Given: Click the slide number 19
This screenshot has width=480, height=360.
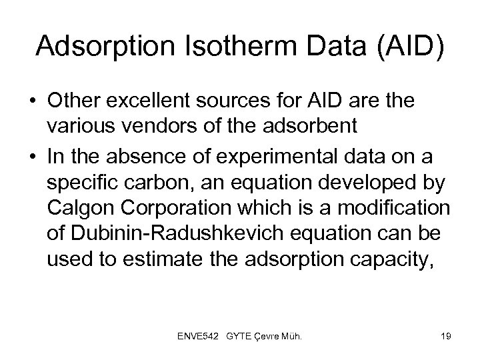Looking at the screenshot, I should point(445,337).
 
